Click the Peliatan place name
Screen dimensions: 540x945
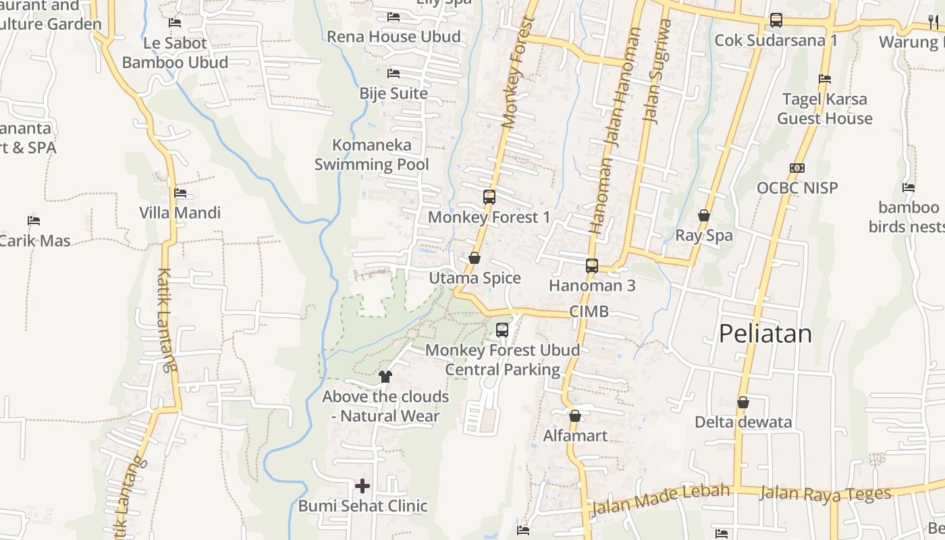coord(765,333)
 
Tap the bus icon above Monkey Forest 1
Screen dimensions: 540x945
coord(489,197)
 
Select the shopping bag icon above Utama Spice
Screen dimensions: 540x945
coord(475,258)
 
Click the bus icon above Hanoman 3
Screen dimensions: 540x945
coord(592,265)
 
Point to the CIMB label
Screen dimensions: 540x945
coord(589,311)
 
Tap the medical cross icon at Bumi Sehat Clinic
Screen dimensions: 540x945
coord(362,485)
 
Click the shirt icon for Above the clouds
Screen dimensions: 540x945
coord(385,376)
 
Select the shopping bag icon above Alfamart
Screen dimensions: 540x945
coord(575,416)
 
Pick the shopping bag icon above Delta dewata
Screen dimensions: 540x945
coord(743,402)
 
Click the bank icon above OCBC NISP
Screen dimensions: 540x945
coord(797,168)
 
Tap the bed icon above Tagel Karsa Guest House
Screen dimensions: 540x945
coord(824,79)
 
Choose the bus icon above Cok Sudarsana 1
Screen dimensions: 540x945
coord(776,20)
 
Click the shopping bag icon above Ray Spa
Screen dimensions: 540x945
coord(704,215)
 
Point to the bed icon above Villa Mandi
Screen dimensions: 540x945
coord(180,193)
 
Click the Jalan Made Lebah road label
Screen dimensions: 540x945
coord(660,500)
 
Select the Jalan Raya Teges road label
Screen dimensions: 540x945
coord(825,494)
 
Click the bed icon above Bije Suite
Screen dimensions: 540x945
coord(394,73)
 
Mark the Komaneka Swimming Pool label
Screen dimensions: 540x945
coord(371,155)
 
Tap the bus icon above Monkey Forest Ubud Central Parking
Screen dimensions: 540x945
coord(502,330)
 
